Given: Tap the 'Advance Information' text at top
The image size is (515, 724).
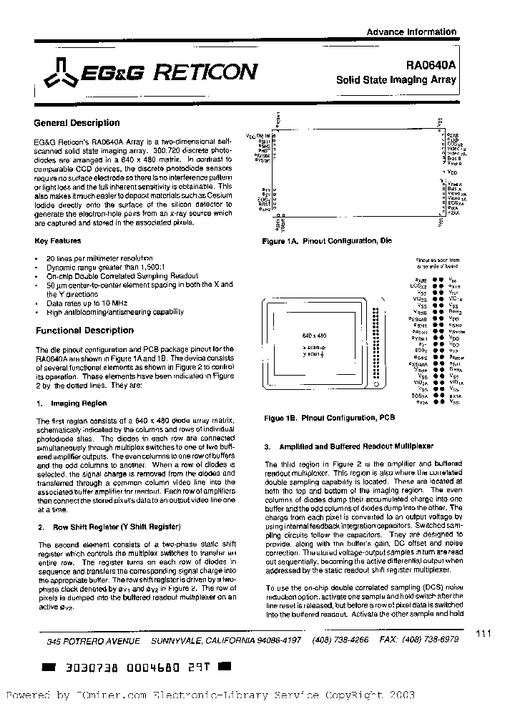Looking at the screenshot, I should click(411, 31).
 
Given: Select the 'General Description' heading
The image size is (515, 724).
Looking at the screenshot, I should click(77, 123).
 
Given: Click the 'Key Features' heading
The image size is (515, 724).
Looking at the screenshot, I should click(58, 241).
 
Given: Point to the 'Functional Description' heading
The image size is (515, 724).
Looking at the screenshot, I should click(84, 331).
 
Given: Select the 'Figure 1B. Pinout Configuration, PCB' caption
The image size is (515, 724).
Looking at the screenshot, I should click(330, 417).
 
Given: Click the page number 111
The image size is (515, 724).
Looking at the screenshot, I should click(484, 632).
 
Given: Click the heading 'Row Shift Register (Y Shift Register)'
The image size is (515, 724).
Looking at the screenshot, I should click(114, 527).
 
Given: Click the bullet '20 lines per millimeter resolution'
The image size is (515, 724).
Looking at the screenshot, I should click(94, 257).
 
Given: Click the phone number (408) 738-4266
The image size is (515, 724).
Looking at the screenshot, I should click(341, 640).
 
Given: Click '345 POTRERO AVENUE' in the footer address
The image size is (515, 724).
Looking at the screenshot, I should click(89, 642).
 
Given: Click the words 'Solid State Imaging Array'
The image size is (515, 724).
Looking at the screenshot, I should click(396, 80).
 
